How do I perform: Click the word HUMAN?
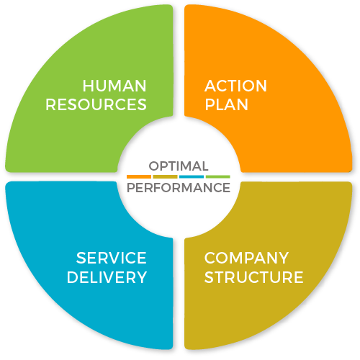pos(114,86)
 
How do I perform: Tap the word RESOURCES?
pos(96,104)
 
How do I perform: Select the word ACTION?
pos(235,86)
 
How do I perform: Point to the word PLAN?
pos(226,104)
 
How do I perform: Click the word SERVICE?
pos(111,258)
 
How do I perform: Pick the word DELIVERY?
pos(107,277)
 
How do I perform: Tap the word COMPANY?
pos(246,258)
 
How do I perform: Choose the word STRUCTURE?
pos(254,277)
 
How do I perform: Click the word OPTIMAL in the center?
pos(179,166)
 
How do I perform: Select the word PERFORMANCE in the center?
pos(179,188)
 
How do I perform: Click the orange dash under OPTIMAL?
pos(139,177)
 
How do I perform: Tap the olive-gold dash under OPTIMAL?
pos(165,177)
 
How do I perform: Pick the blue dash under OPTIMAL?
pos(192,177)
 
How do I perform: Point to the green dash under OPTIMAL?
pos(218,177)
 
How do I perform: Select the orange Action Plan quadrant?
pos(288,135)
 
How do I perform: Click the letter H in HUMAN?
pos(88,86)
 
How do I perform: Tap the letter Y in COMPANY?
pos(283,258)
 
